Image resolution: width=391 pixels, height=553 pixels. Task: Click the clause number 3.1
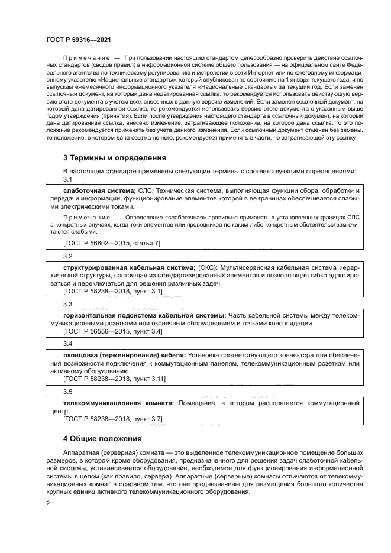(67, 179)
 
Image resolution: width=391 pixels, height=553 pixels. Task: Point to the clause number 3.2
(67, 256)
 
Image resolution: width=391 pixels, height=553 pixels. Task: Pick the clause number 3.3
(67, 303)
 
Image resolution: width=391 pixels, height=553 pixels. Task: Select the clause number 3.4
(67, 343)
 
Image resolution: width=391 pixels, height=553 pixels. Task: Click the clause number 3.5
(67, 391)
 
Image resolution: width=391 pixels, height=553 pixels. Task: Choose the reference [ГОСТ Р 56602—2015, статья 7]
(112, 243)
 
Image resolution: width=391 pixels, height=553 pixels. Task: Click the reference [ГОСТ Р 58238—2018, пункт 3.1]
(113, 291)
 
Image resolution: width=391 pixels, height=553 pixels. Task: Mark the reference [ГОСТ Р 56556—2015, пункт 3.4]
(113, 331)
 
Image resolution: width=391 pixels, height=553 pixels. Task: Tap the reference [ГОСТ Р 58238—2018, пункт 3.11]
(115, 378)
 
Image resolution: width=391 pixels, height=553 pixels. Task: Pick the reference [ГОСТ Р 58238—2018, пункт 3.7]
(113, 418)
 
